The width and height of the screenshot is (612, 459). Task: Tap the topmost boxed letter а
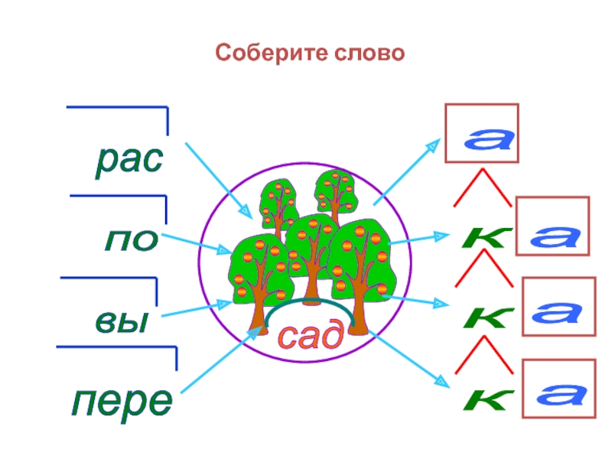[x=481, y=136]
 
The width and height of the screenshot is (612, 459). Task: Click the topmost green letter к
[x=485, y=238]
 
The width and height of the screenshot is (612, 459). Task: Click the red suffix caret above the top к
[x=481, y=189]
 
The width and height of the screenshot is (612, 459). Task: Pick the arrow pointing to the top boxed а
[x=406, y=173]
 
